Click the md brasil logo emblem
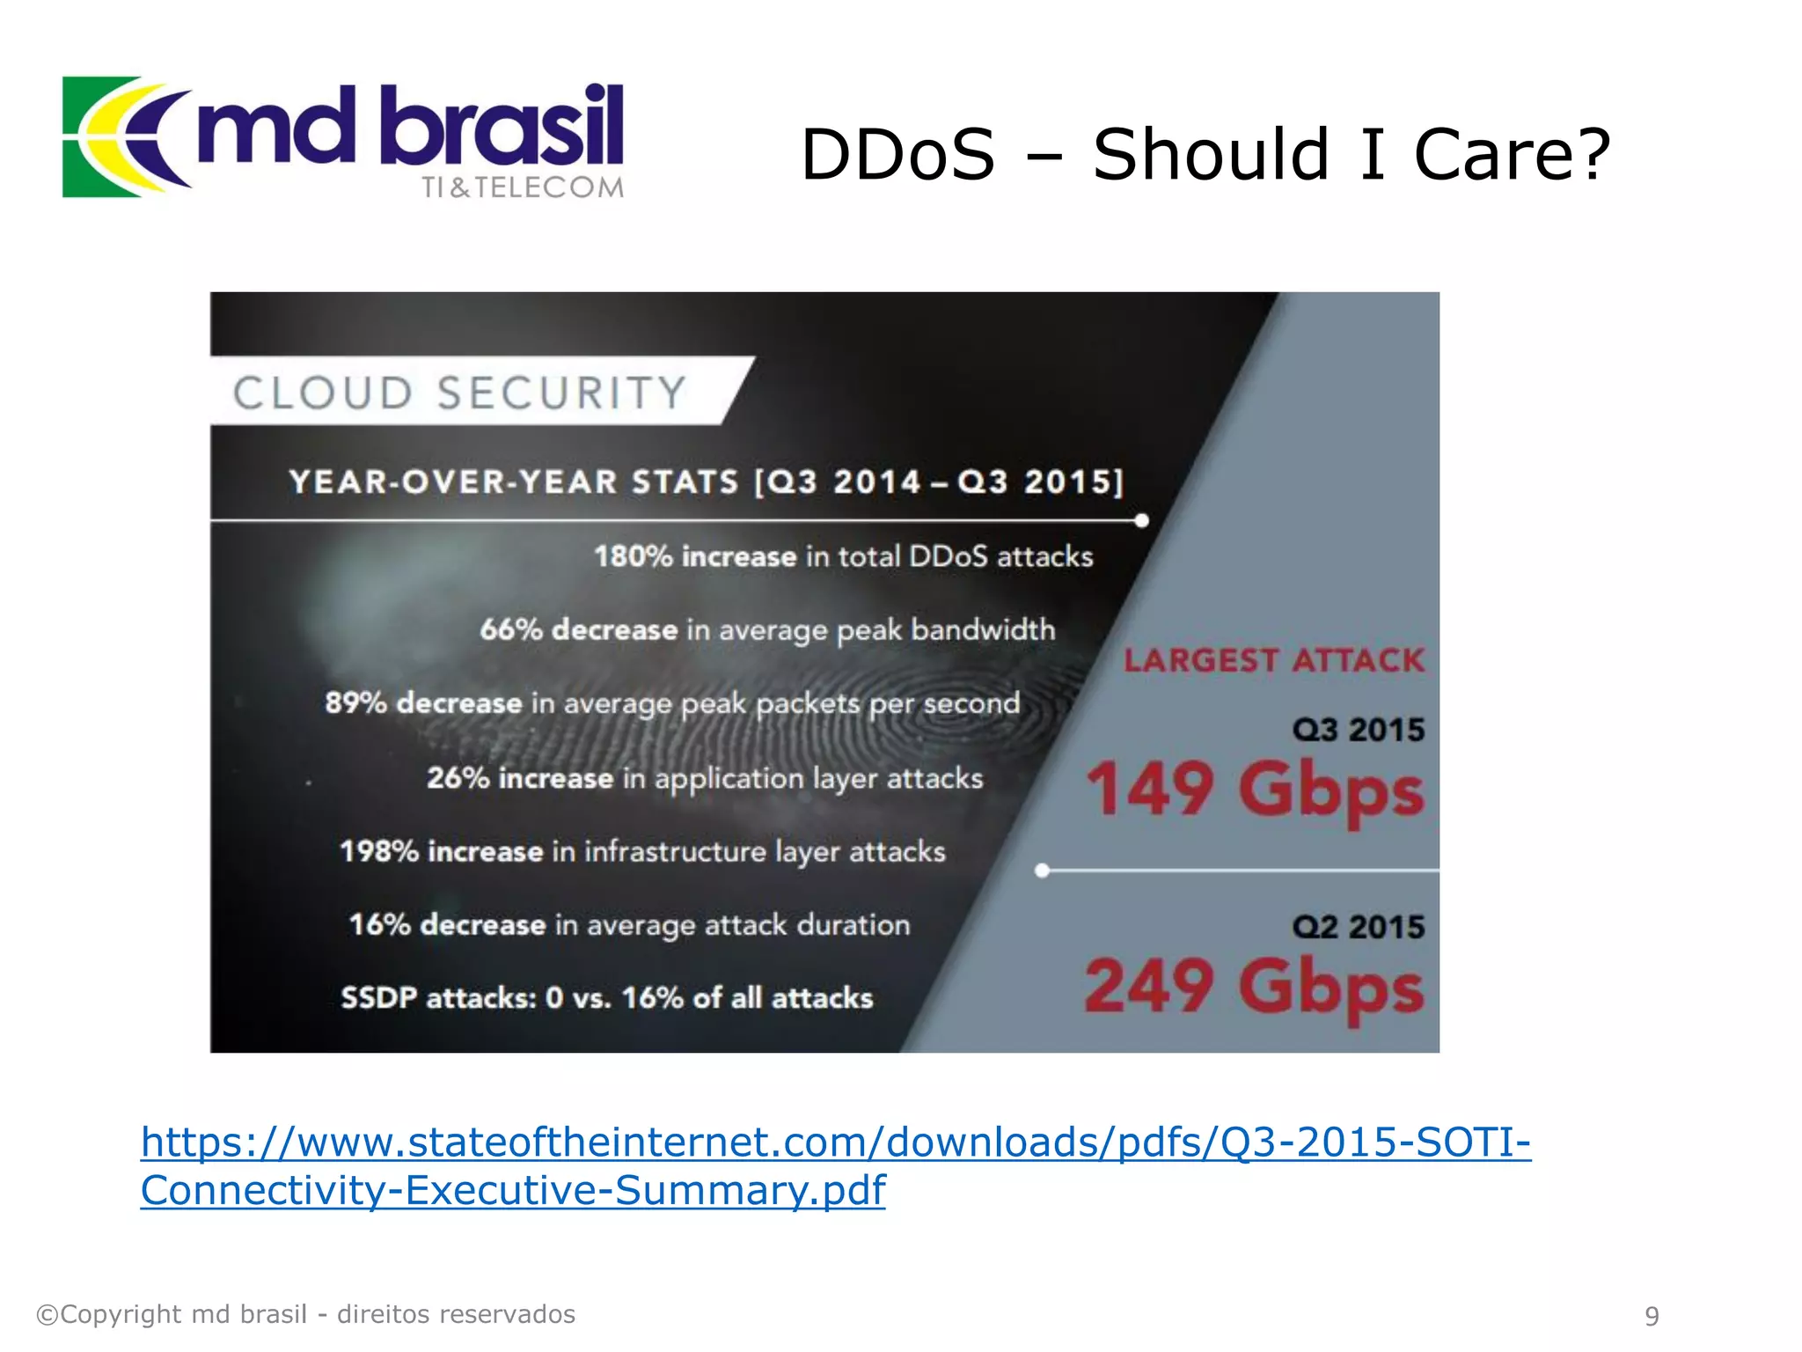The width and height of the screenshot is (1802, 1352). [x=123, y=136]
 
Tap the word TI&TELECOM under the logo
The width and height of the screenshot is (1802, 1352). [x=522, y=187]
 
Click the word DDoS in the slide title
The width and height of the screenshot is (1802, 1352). [x=897, y=155]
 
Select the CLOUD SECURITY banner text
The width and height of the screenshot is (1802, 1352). [x=459, y=393]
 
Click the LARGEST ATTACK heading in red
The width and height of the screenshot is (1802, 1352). [x=1273, y=660]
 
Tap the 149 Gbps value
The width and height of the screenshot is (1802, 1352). [x=1254, y=790]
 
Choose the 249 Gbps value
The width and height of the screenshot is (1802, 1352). [x=1254, y=987]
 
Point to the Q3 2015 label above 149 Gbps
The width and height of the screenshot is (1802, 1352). [x=1358, y=730]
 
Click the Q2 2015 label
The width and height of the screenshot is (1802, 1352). [x=1358, y=927]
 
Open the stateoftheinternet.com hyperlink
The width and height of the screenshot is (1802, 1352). [x=835, y=1143]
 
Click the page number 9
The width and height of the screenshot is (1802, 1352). [x=1652, y=1316]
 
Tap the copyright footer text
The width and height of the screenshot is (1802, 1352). [x=305, y=1314]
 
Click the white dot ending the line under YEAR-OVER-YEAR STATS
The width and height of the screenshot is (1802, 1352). [x=1141, y=520]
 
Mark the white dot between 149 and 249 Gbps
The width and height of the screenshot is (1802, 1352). [x=1042, y=871]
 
